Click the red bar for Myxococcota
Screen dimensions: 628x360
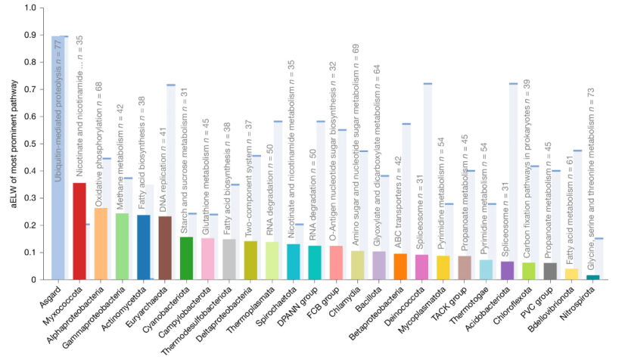point(79,231)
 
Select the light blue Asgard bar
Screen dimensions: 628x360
point(58,158)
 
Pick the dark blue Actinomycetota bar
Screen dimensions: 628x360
point(144,247)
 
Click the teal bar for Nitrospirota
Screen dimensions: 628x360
point(593,277)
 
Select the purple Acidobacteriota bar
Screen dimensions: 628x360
point(508,270)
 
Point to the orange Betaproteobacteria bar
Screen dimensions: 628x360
point(400,266)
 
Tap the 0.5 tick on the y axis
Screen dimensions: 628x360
point(42,144)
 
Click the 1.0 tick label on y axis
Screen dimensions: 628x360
point(30,8)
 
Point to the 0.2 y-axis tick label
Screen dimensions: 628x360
point(30,225)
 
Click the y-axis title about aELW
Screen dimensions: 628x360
point(14,144)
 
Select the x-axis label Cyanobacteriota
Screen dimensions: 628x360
point(167,306)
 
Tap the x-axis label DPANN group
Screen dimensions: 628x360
point(298,306)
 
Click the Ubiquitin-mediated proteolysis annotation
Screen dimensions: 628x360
point(58,111)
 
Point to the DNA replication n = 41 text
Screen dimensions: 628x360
point(163,169)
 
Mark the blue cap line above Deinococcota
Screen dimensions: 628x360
point(427,84)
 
